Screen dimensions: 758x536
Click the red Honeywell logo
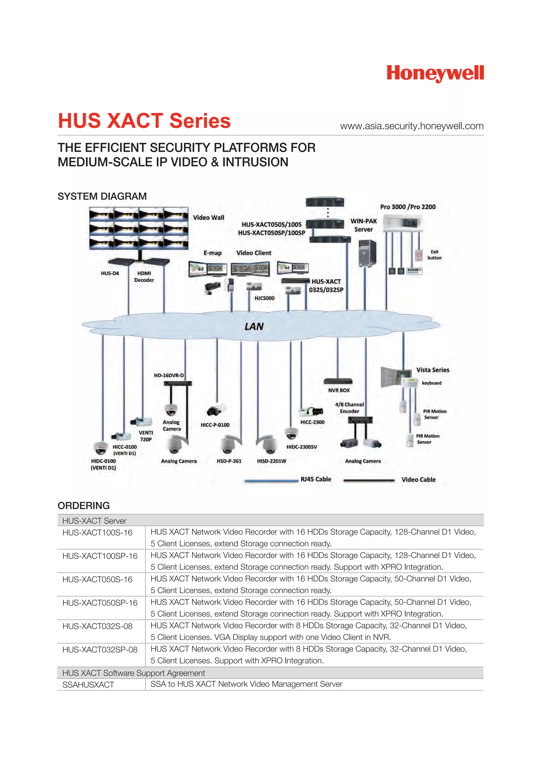tap(435, 73)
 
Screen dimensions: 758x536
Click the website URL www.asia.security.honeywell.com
tap(412, 126)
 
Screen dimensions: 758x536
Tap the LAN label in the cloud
tap(254, 326)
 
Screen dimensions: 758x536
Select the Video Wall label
tap(208, 218)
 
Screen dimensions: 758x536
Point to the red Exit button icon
tap(418, 255)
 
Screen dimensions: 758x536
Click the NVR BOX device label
tap(339, 390)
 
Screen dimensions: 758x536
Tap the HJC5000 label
tap(264, 298)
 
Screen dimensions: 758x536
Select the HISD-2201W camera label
tap(271, 461)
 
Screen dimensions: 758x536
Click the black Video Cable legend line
tap(369, 481)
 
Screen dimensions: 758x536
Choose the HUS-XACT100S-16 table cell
tap(97, 533)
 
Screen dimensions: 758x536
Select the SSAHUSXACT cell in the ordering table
tap(88, 685)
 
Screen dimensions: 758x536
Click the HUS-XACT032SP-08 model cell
tap(100, 650)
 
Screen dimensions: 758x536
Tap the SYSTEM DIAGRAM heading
tap(102, 196)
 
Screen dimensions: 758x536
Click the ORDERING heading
tap(83, 505)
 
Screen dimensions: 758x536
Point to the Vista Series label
tap(432, 370)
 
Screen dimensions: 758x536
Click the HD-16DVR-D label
tap(169, 375)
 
